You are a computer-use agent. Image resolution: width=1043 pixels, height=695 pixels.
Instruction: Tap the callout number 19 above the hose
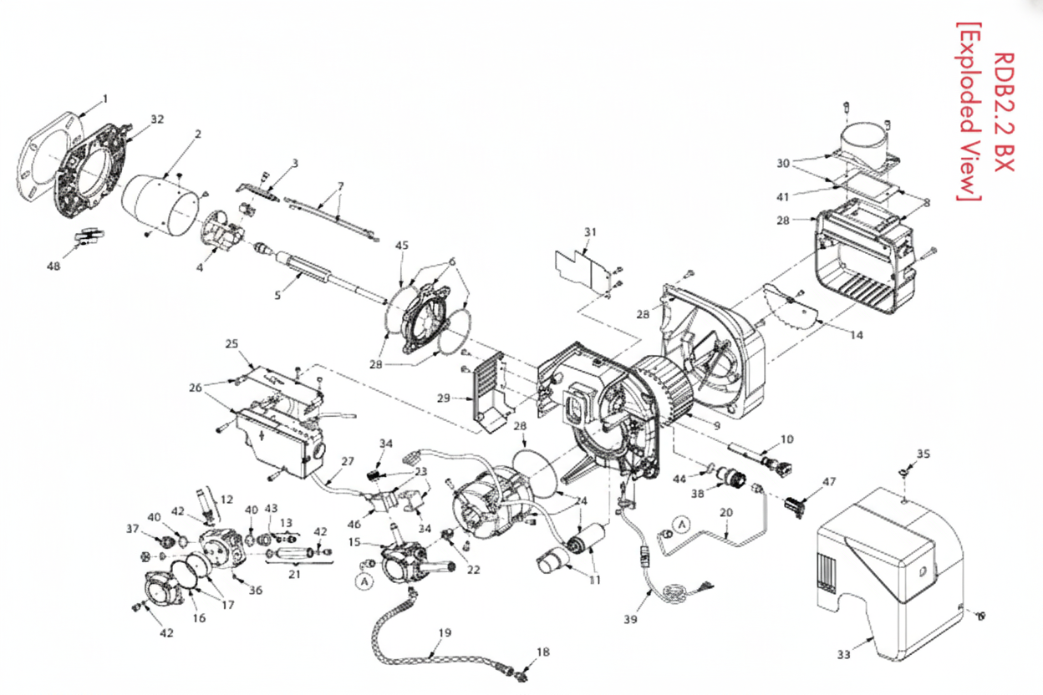(444, 632)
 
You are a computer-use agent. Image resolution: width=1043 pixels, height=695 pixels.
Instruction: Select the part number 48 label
(54, 266)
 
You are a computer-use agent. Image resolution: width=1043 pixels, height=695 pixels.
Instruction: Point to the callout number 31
(591, 231)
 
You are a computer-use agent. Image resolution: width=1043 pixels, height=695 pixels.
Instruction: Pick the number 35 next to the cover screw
(923, 454)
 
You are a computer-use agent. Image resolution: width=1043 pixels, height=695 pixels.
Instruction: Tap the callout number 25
(231, 343)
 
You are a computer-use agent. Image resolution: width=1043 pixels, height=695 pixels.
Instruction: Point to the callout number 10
(786, 439)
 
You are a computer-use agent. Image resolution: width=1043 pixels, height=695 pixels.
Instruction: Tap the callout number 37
(132, 528)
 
